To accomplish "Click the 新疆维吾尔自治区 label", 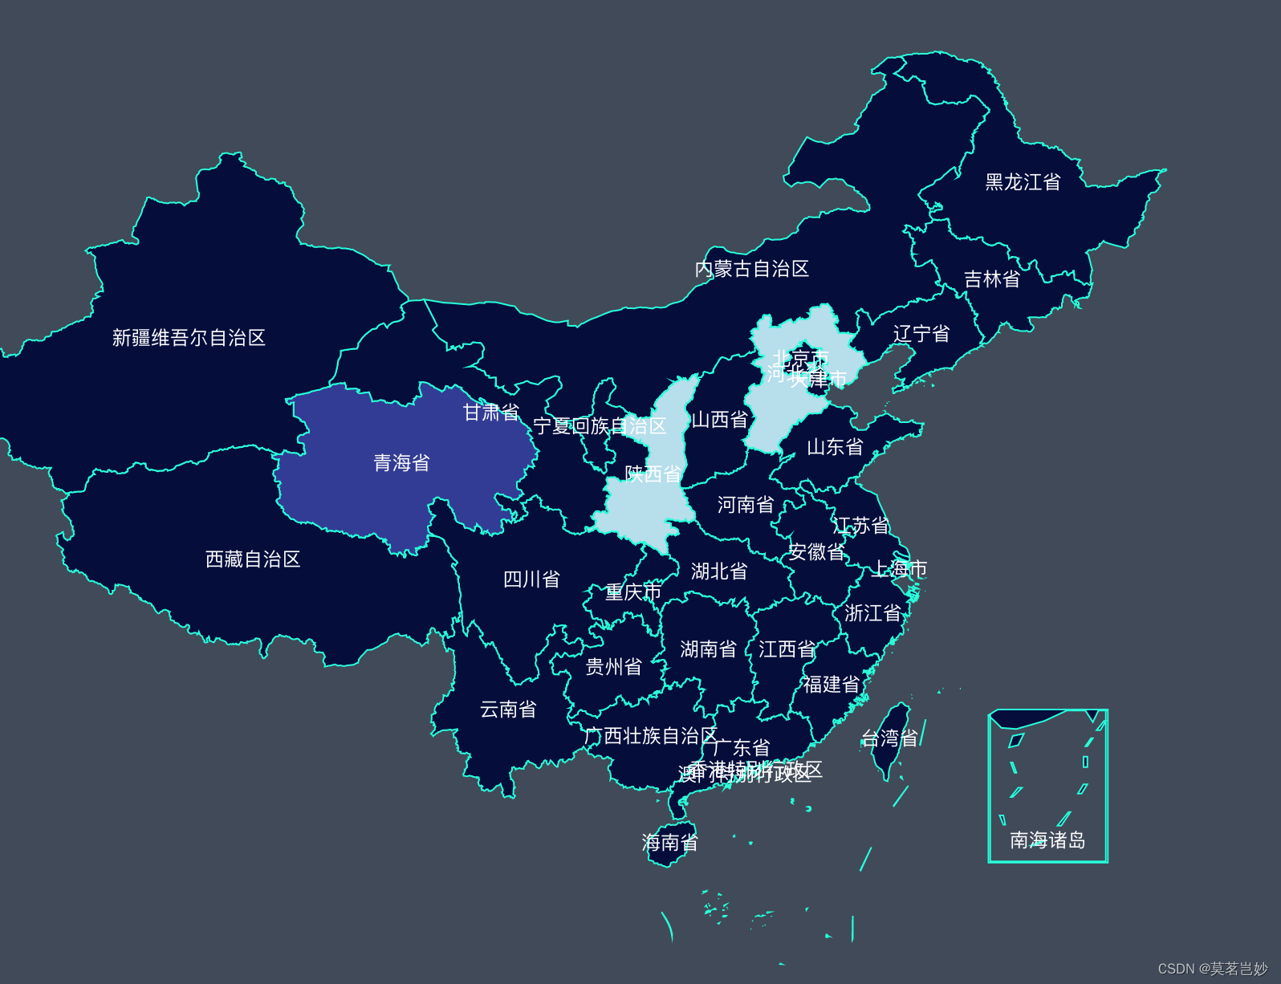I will (x=189, y=338).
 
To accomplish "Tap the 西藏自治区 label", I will (x=253, y=559).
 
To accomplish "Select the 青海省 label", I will (x=401, y=463).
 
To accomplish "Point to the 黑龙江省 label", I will (x=1023, y=182).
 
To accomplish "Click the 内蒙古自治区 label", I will (x=751, y=269).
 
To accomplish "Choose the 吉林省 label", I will (x=992, y=279).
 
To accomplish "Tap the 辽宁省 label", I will (x=921, y=334).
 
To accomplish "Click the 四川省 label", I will (x=531, y=579).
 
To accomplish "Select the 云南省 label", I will (x=508, y=710).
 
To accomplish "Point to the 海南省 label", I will (x=669, y=843).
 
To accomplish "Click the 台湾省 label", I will (x=889, y=738).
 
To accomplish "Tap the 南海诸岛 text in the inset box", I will (x=1047, y=840).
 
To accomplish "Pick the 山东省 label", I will (x=835, y=447).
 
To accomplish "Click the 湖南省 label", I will (x=708, y=649).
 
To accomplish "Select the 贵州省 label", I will (x=613, y=667).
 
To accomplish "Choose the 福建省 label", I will (x=832, y=685).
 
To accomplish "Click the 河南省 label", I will (x=746, y=505).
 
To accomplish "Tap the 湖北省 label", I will (x=719, y=571).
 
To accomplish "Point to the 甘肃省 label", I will (x=491, y=413).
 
